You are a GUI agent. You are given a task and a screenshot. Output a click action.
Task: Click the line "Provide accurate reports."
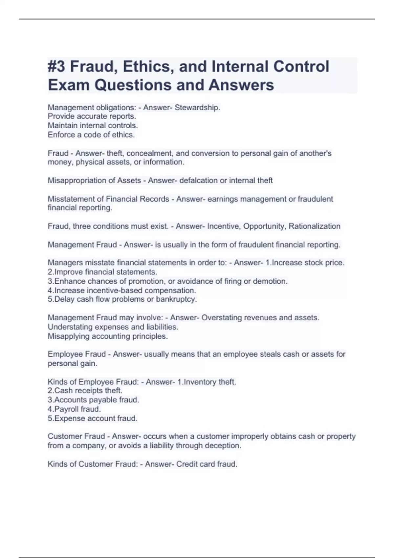tap(92, 116)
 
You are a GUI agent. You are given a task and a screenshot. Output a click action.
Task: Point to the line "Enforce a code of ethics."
tap(91, 135)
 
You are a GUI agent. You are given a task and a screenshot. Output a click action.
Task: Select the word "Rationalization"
tap(314, 226)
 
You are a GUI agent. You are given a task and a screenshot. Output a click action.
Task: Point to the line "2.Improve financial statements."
tap(102, 272)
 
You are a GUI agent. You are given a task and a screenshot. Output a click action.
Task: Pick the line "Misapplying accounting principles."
tap(108, 336)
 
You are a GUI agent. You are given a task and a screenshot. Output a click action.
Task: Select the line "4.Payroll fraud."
tap(74, 409)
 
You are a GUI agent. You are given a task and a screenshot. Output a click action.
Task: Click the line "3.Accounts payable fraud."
tap(94, 400)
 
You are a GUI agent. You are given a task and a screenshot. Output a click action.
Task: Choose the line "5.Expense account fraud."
tap(93, 418)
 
